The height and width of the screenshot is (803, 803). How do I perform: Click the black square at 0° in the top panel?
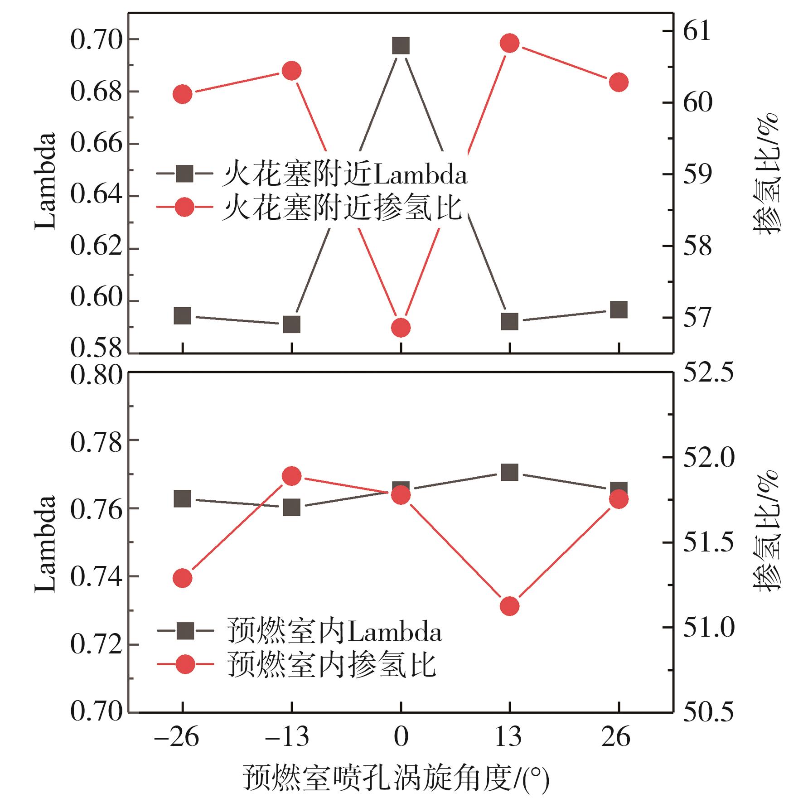pos(401,46)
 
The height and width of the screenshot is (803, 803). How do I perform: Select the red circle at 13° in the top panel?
pos(509,44)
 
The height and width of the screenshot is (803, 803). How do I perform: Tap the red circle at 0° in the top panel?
pos(401,328)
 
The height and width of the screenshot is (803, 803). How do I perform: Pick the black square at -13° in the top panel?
pos(291,324)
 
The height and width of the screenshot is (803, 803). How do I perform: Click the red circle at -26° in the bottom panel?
pos(183,578)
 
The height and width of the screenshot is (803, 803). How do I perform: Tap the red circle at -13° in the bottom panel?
pos(291,476)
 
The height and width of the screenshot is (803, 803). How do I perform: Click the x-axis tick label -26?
pos(176,737)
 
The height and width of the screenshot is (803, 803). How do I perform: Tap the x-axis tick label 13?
pos(508,737)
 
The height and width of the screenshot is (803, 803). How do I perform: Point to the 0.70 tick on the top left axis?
pos(96,40)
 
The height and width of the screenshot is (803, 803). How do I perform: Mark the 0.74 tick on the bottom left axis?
pos(96,577)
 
